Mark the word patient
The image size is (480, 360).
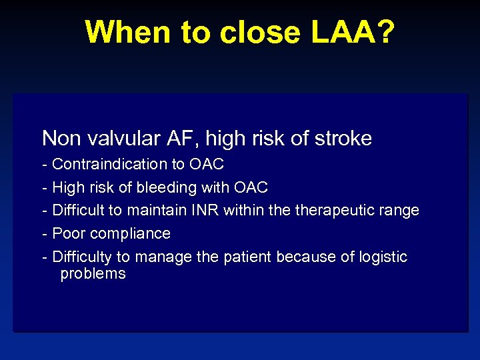(247, 257)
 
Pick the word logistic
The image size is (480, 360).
(382, 257)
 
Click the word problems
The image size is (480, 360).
(93, 274)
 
